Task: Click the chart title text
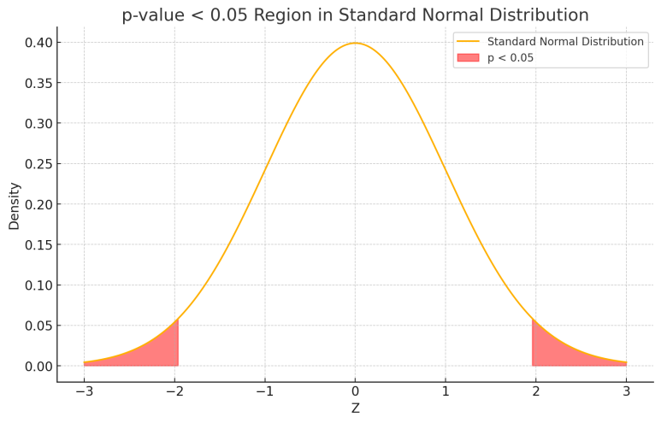pyautogui.click(x=355, y=15)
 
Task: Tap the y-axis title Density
pyautogui.click(x=15, y=204)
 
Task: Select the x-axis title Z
pyautogui.click(x=355, y=408)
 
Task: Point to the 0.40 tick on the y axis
pyautogui.click(x=38, y=43)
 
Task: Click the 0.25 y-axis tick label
pyautogui.click(x=38, y=164)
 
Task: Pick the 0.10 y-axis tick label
pyautogui.click(x=38, y=285)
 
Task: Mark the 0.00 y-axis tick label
pyautogui.click(x=38, y=367)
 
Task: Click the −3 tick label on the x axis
pyautogui.click(x=84, y=391)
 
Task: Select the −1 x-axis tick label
pyautogui.click(x=264, y=391)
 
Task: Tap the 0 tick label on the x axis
pyautogui.click(x=355, y=391)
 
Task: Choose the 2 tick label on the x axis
pyautogui.click(x=535, y=391)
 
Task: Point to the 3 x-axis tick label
pyautogui.click(x=626, y=391)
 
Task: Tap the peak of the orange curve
pyautogui.click(x=355, y=44)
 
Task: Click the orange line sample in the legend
pyautogui.click(x=468, y=42)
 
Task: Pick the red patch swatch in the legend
pyautogui.click(x=468, y=58)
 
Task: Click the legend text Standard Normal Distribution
pyautogui.click(x=565, y=42)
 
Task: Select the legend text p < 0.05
pyautogui.click(x=511, y=58)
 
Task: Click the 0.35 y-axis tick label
pyautogui.click(x=38, y=83)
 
